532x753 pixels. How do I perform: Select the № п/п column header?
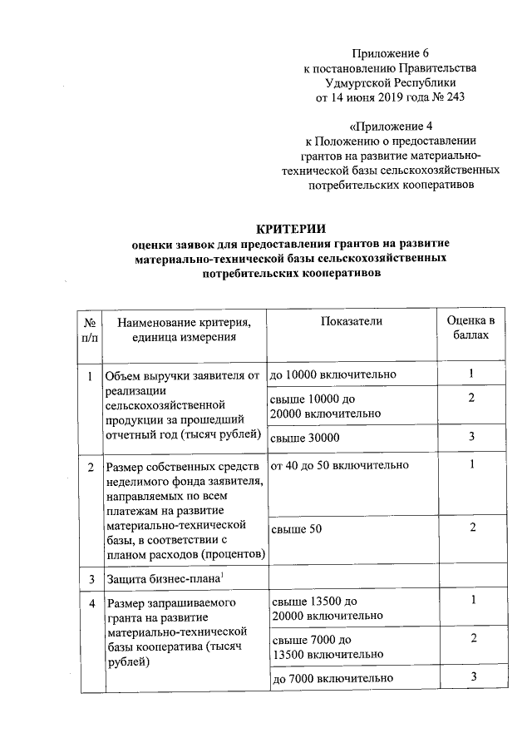pos(90,329)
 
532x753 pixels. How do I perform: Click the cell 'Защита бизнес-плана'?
pos(161,577)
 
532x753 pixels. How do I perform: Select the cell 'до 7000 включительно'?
pos(332,678)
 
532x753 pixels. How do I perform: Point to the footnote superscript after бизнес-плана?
pos(222,574)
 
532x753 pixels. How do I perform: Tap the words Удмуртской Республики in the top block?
pos(391,83)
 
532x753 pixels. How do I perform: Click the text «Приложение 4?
pos(391,126)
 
